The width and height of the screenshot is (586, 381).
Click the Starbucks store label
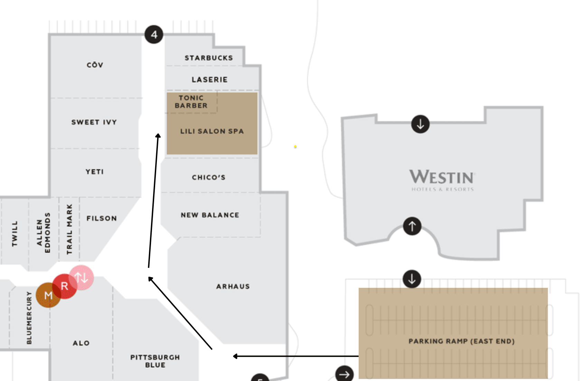pos(209,58)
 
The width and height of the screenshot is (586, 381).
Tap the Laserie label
pos(209,79)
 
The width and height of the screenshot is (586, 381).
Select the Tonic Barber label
pos(191,102)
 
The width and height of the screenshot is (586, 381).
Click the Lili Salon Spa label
pos(212,131)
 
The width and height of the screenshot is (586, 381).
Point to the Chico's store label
pos(209,177)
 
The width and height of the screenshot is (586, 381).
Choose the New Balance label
pos(210,215)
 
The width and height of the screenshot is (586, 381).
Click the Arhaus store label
pos(233,286)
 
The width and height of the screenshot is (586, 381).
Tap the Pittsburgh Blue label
pos(155,361)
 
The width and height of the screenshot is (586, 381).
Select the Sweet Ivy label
pos(94,122)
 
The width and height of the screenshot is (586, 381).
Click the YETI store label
pos(95,172)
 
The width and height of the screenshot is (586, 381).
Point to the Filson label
pos(102,218)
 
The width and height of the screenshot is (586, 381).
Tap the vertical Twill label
pos(15,233)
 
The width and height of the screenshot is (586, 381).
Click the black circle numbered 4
pos(154,35)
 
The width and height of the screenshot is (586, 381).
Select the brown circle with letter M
pos(48,295)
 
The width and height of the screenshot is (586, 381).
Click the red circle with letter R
pos(65,286)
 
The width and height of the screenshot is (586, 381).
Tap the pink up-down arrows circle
pos(81,277)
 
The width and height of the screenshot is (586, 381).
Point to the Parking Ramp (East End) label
pos(462,341)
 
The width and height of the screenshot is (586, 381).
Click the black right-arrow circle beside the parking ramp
pos(344,374)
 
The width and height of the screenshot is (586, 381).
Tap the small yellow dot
pos(295,147)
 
